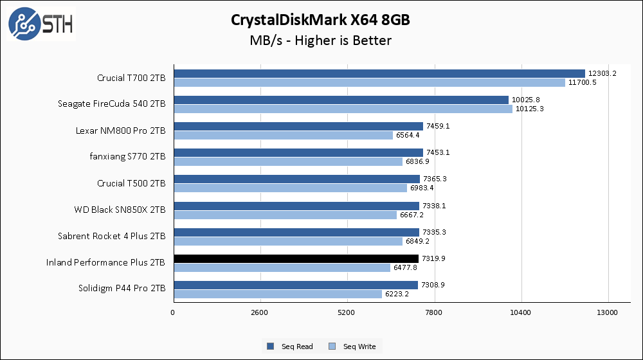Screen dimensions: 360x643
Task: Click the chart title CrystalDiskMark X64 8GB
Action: [321, 20]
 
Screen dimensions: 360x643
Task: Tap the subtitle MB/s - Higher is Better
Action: [321, 40]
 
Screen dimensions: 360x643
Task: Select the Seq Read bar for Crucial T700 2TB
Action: [379, 74]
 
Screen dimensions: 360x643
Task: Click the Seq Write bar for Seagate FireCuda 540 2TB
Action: [343, 109]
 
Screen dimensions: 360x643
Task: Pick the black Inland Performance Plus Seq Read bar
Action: [296, 258]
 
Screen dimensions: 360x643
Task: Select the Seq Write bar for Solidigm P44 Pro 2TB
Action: [277, 294]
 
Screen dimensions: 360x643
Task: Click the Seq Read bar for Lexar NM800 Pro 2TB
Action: [298, 127]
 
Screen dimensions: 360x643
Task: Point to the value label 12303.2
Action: [602, 74]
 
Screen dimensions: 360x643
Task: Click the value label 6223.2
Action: [398, 294]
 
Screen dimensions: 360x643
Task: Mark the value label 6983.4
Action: [423, 188]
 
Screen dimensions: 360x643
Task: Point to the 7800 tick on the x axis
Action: [434, 313]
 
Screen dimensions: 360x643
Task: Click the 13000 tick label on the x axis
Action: [608, 313]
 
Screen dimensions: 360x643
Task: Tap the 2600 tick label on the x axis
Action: [260, 313]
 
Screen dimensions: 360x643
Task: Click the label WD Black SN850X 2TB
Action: [120, 210]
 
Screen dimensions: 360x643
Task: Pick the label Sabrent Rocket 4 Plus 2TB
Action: [111, 236]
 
